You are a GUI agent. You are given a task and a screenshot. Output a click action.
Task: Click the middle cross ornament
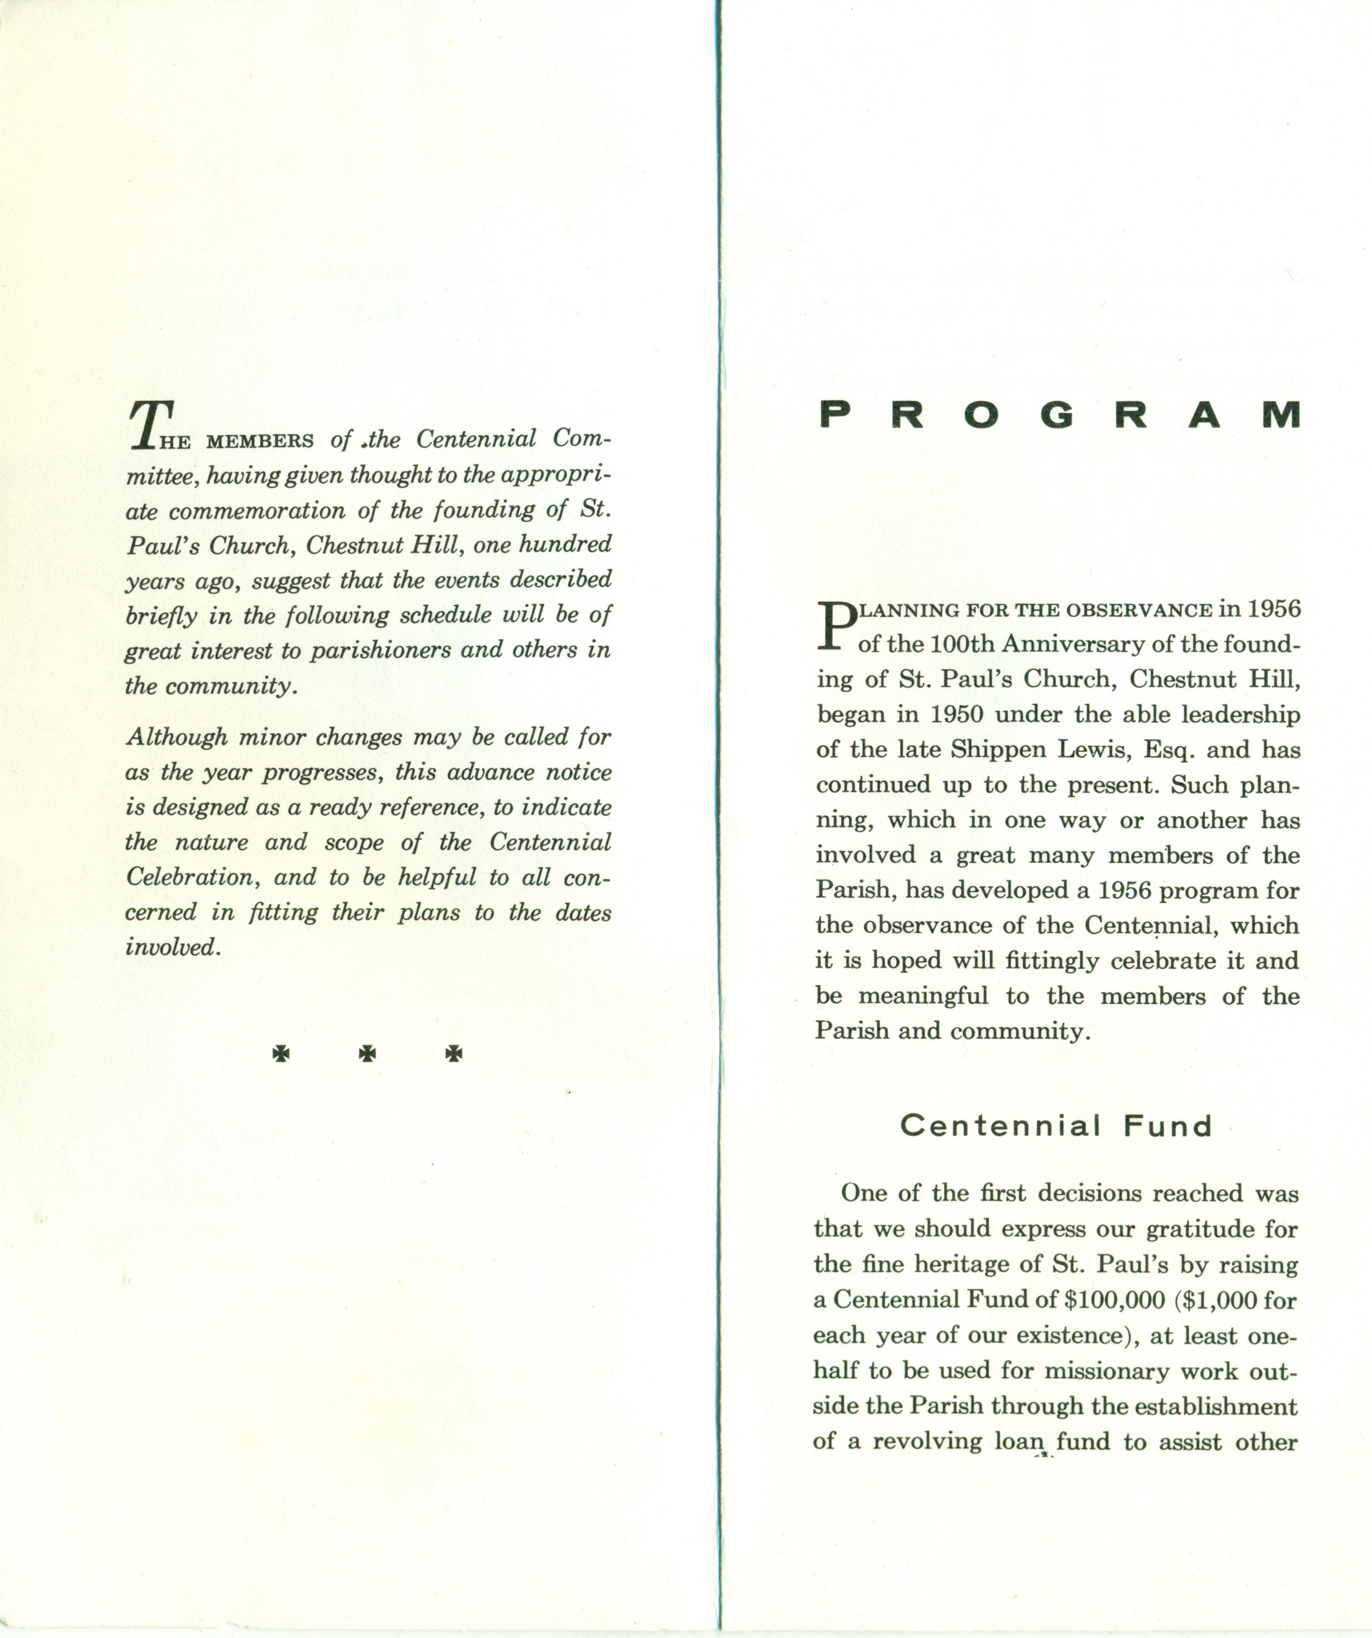point(367,1054)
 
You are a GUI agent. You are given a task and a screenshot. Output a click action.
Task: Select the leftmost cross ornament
point(280,1054)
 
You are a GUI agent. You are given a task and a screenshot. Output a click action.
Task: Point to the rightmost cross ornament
point(454,1054)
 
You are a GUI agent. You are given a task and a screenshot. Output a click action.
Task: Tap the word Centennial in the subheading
point(1000,1126)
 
